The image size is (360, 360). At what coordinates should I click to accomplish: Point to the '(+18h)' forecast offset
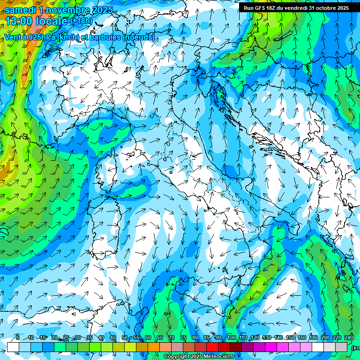coord(81,21)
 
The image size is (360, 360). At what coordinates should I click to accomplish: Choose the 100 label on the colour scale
coord(231,338)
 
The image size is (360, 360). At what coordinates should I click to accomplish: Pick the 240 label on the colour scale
coord(348,338)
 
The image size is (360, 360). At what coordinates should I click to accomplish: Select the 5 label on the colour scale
coord(17,338)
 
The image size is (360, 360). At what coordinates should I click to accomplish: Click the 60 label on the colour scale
coord(148,338)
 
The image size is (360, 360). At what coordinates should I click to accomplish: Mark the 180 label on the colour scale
coord(313,338)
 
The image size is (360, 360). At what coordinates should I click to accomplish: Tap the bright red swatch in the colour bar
coord(212,347)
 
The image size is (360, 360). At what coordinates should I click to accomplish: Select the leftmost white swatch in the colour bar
coord(13,347)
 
